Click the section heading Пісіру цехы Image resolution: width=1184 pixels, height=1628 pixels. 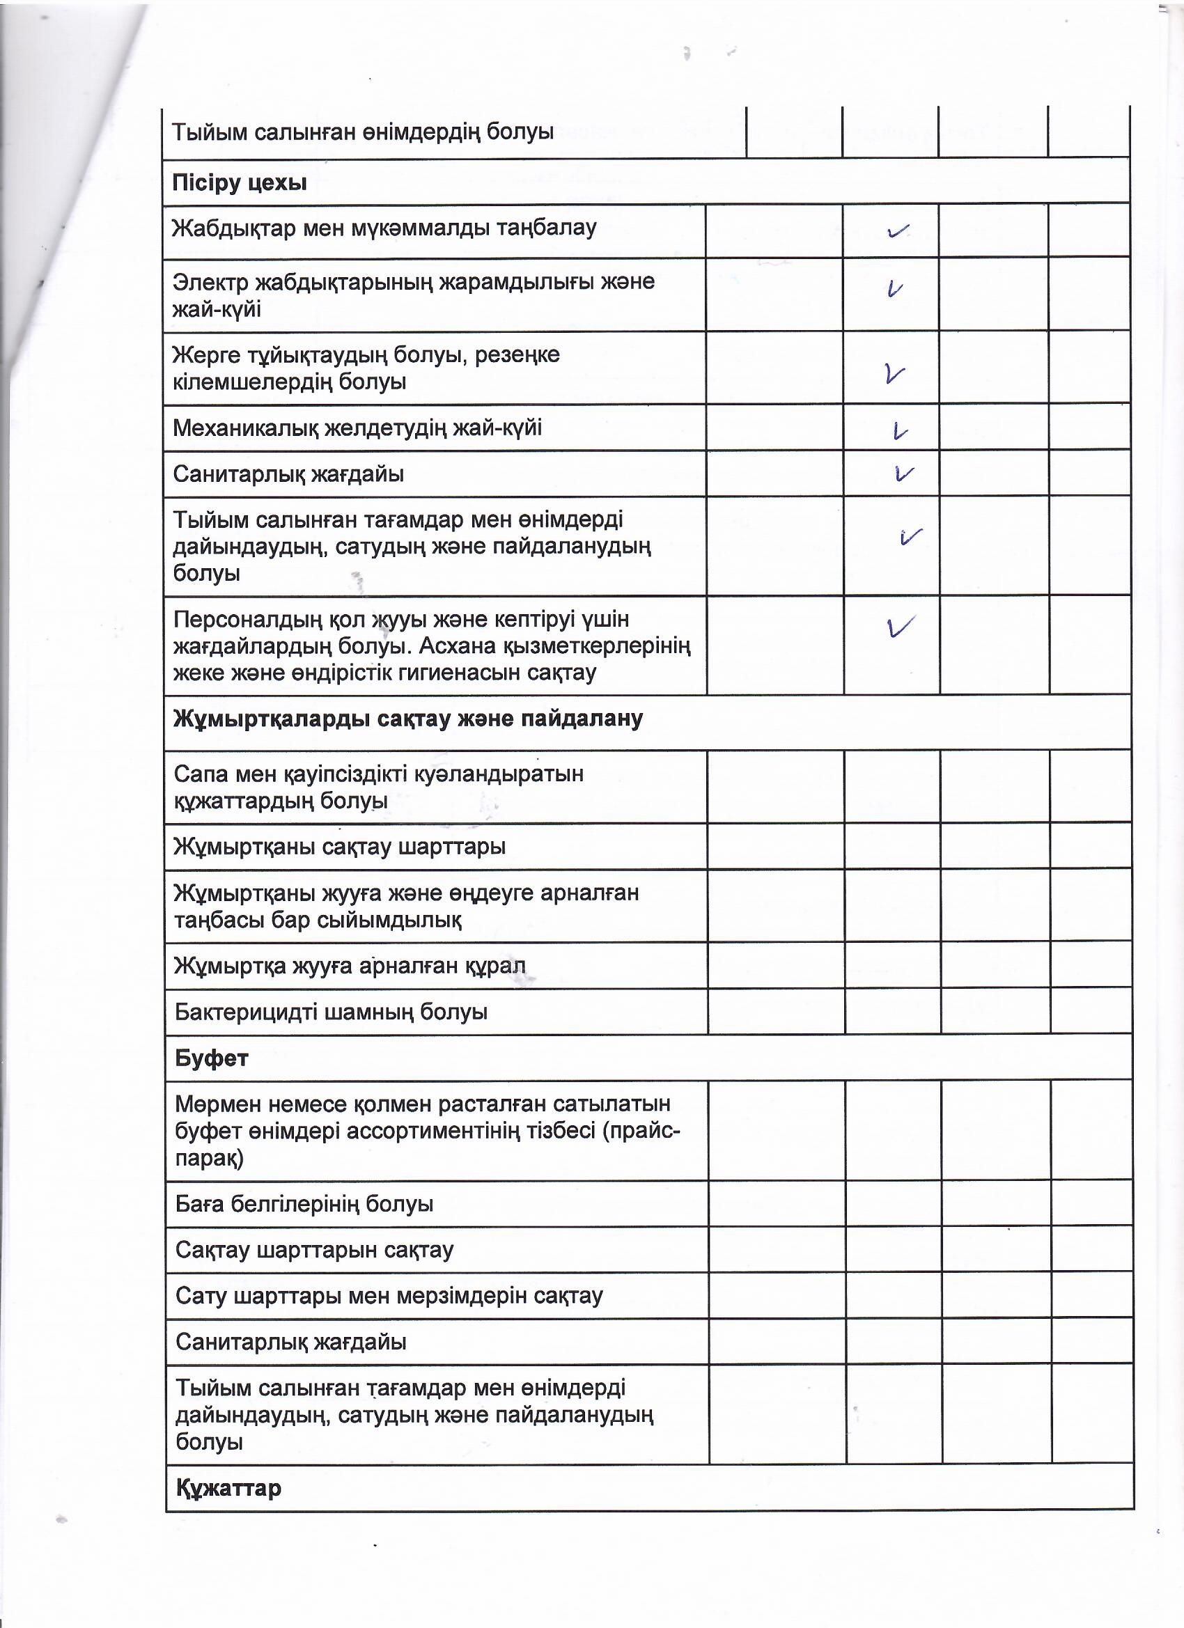[x=239, y=183]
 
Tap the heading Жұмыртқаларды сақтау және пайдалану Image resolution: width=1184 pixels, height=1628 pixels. [x=408, y=719]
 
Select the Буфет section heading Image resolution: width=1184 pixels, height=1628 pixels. [x=211, y=1058]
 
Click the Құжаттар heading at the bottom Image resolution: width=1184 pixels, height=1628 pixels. [x=228, y=1488]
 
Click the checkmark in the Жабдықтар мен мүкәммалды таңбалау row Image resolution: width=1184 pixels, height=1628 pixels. [x=898, y=231]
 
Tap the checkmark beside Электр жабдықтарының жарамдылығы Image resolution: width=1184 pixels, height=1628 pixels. [x=894, y=288]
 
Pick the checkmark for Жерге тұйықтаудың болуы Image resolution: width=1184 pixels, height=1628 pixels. [x=895, y=373]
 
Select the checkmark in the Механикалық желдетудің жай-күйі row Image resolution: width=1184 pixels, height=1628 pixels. [x=900, y=431]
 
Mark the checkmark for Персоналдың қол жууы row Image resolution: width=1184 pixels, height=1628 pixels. [x=901, y=627]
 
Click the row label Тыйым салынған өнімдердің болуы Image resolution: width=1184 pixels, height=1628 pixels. [x=363, y=132]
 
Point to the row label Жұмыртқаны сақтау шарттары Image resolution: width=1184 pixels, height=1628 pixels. [x=340, y=846]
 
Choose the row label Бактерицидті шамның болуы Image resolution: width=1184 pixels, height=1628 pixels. [x=331, y=1012]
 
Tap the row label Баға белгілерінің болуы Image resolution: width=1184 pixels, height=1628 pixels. [x=304, y=1204]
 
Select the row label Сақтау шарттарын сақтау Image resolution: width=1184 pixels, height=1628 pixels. [x=315, y=1250]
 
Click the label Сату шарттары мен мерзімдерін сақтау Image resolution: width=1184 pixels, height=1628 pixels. [x=389, y=1296]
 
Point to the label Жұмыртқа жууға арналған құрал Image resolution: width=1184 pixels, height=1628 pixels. [x=350, y=966]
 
